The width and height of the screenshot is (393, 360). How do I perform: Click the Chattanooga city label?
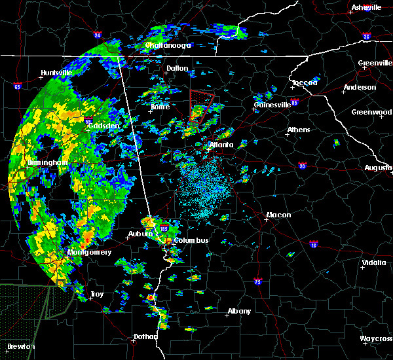coord(168,45)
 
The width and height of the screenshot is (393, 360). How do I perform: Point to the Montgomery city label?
coord(90,252)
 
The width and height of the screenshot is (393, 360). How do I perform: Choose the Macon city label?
coord(278,215)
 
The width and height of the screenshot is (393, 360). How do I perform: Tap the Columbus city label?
coord(191,240)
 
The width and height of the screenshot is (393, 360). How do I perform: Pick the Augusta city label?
coord(378,168)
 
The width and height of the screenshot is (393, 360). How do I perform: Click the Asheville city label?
coord(366,7)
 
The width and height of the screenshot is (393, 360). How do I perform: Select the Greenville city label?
coord(375,63)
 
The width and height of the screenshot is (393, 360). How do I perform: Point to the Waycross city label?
coord(376,338)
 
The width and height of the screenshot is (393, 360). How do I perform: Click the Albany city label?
coord(238,311)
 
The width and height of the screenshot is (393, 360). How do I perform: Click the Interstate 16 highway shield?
coord(313,244)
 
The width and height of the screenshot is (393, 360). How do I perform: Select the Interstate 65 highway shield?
coord(18,86)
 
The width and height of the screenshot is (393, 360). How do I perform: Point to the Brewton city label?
coord(20,346)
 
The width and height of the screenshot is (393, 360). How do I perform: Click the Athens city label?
coord(298,130)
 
